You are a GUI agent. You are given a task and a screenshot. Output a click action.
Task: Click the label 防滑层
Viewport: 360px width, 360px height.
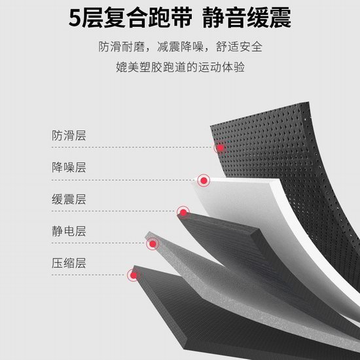coord(69,135)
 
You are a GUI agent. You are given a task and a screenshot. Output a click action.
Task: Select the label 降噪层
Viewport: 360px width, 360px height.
coord(69,168)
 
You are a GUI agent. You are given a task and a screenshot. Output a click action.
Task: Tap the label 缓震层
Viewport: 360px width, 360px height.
coord(69,199)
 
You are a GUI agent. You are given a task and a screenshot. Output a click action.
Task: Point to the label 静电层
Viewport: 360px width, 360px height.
coord(69,231)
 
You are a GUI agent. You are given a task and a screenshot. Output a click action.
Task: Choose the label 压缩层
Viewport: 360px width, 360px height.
coord(69,263)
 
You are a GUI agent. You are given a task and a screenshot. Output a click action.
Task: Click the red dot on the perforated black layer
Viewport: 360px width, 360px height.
coord(221,148)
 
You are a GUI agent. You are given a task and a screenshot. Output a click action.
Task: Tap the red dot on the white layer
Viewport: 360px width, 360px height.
coord(204,181)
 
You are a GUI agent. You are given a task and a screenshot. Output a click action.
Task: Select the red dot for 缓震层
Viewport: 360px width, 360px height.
coord(183,213)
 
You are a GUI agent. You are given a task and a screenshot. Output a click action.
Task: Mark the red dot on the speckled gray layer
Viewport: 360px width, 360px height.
coord(153,244)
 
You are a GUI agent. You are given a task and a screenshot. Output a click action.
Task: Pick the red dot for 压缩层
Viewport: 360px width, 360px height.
coord(134,275)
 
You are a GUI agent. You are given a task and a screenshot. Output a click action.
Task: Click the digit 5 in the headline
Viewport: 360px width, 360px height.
coord(75,18)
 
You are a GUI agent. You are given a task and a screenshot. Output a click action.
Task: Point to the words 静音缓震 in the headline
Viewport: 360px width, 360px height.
coord(247,18)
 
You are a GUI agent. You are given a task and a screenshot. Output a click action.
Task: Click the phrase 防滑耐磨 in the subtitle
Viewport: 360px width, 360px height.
coord(122,47)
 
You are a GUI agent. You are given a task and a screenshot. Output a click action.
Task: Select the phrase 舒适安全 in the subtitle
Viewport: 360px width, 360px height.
coord(239,47)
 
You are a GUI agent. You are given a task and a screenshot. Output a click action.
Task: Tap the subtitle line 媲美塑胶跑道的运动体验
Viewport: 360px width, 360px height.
coord(180,67)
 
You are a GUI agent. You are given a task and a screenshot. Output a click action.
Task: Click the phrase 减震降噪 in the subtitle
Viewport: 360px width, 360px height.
coord(180,47)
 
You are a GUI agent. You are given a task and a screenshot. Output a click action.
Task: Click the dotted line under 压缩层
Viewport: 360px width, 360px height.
coord(89,275)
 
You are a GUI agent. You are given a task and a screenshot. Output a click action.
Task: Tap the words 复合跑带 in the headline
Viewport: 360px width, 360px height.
coord(148,18)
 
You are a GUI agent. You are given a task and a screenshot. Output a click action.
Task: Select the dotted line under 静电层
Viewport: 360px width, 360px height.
coord(99,243)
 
